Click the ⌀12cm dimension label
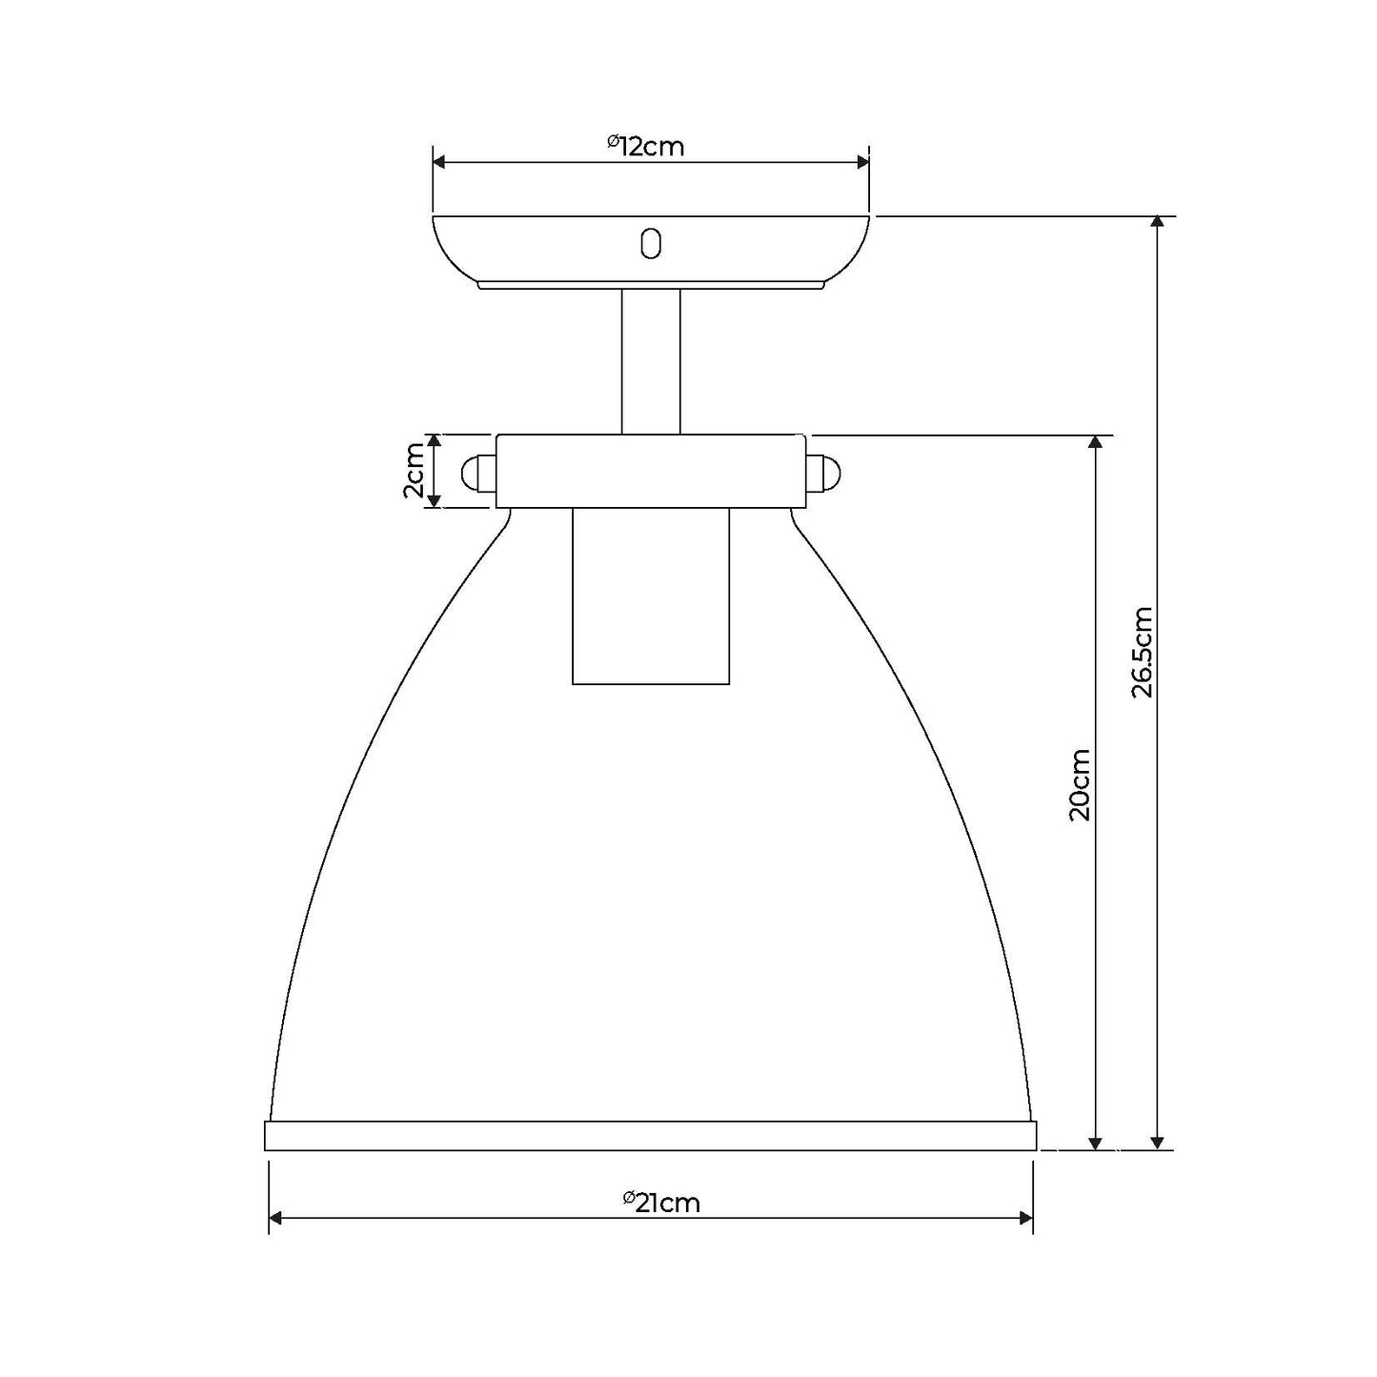[647, 146]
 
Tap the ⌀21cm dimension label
[662, 1203]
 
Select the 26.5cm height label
[1143, 652]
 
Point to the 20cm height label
[1080, 784]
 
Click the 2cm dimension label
[414, 471]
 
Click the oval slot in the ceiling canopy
[651, 243]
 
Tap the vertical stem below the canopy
[651, 362]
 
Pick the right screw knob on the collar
[824, 473]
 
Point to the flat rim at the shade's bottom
[650, 1136]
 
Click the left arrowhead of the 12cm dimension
[440, 163]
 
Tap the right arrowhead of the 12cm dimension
[862, 163]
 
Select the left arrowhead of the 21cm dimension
[277, 1218]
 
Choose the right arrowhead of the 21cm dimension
[1026, 1218]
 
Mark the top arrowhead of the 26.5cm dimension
[1157, 223]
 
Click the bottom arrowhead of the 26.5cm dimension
[1157, 1143]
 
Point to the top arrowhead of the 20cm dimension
[1097, 442]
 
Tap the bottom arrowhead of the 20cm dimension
[1097, 1143]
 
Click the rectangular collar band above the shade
[651, 471]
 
